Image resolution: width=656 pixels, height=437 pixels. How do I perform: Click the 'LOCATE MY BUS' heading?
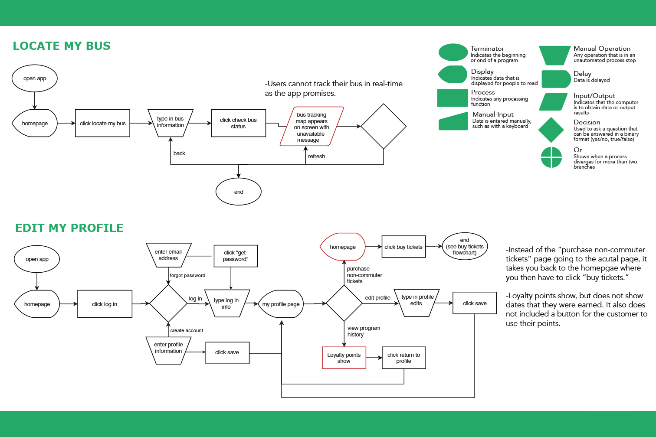point(62,46)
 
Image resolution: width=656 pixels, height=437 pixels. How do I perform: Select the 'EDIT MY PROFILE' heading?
point(69,228)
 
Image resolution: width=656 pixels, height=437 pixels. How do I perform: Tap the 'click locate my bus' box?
point(102,123)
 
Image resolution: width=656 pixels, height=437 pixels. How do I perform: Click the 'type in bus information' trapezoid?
point(171,123)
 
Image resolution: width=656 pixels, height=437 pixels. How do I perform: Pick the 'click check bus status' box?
point(238,123)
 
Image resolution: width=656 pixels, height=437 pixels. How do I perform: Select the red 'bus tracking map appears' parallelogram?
point(312,127)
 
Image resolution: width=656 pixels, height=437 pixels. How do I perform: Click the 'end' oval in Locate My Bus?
point(238,192)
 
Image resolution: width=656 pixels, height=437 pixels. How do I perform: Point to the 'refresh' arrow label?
point(317,157)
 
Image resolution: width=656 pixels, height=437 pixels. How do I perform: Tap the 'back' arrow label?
point(179,153)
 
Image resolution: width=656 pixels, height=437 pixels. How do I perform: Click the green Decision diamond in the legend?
point(551,130)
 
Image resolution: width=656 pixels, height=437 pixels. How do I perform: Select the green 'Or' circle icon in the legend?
point(551,157)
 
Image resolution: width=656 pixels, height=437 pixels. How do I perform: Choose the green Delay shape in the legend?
point(556,79)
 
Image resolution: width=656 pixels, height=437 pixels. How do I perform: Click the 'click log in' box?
point(105,304)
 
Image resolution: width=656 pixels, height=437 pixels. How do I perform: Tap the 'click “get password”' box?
point(236,256)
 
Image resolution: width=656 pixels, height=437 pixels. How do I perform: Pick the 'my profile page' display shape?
point(281,304)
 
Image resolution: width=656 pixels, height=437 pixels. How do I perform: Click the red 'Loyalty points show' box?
point(344,358)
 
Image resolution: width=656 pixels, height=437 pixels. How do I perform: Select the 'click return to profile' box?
point(404,358)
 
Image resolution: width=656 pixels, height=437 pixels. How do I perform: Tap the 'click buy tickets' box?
point(403,247)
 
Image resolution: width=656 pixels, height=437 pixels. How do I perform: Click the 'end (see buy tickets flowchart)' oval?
point(465,246)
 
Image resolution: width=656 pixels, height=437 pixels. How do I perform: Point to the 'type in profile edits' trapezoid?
point(417,303)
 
